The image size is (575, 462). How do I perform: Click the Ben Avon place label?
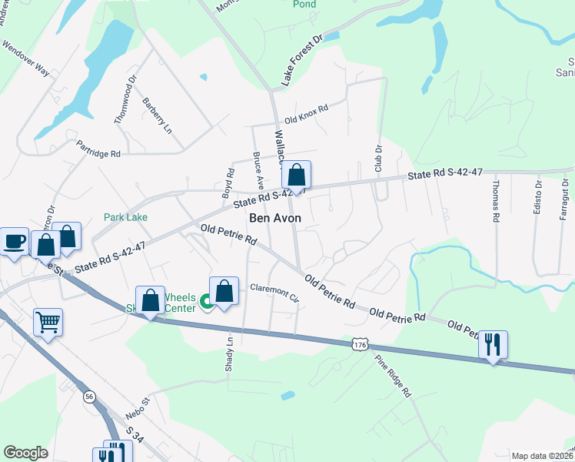tap(275, 219)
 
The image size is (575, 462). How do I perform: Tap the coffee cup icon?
tap(14, 243)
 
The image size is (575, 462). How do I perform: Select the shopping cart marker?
tap(48, 323)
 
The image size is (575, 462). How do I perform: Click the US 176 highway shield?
tap(360, 344)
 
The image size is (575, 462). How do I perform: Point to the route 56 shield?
tap(90, 396)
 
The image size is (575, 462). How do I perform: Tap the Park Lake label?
tap(126, 218)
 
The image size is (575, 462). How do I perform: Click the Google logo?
tap(25, 453)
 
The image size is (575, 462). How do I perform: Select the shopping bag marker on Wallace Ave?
tap(296, 175)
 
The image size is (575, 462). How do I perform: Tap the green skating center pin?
tap(206, 303)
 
